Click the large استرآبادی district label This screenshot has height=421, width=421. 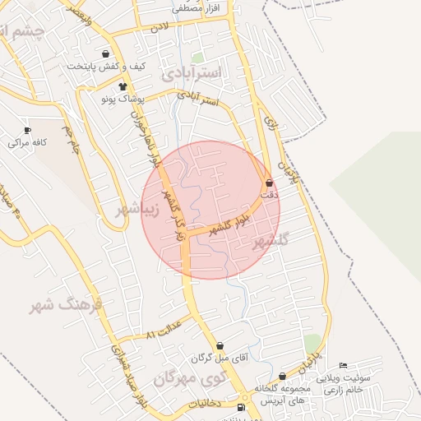pyautogui.click(x=192, y=73)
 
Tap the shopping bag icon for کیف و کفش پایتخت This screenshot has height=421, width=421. pyautogui.click(x=106, y=53)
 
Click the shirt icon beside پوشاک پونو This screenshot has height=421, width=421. pyautogui.click(x=123, y=86)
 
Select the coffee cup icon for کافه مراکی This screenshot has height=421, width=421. pyautogui.click(x=28, y=130)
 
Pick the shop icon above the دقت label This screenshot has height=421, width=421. pyautogui.click(x=270, y=183)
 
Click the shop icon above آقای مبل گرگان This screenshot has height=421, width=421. pyautogui.click(x=220, y=346)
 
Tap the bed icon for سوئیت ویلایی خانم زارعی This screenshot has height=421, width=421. pyautogui.click(x=344, y=365)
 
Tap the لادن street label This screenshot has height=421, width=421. pyautogui.click(x=158, y=28)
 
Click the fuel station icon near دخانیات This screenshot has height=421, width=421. pyautogui.click(x=240, y=407)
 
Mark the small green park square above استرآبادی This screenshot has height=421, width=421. pyautogui.click(x=197, y=58)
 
